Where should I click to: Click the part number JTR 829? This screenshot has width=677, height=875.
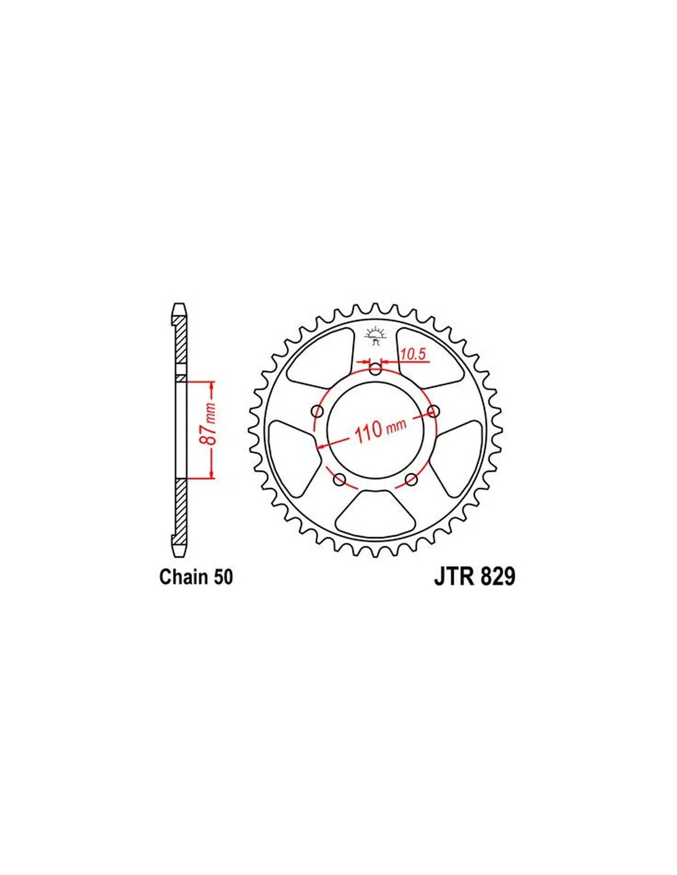pyautogui.click(x=474, y=576)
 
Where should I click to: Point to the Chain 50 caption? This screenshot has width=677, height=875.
pyautogui.click(x=196, y=576)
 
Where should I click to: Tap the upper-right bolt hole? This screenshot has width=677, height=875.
pyautogui.click(x=433, y=411)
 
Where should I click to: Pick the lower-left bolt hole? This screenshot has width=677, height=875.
pyautogui.click(x=340, y=479)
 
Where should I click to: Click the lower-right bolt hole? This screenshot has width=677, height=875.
pyautogui.click(x=411, y=479)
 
